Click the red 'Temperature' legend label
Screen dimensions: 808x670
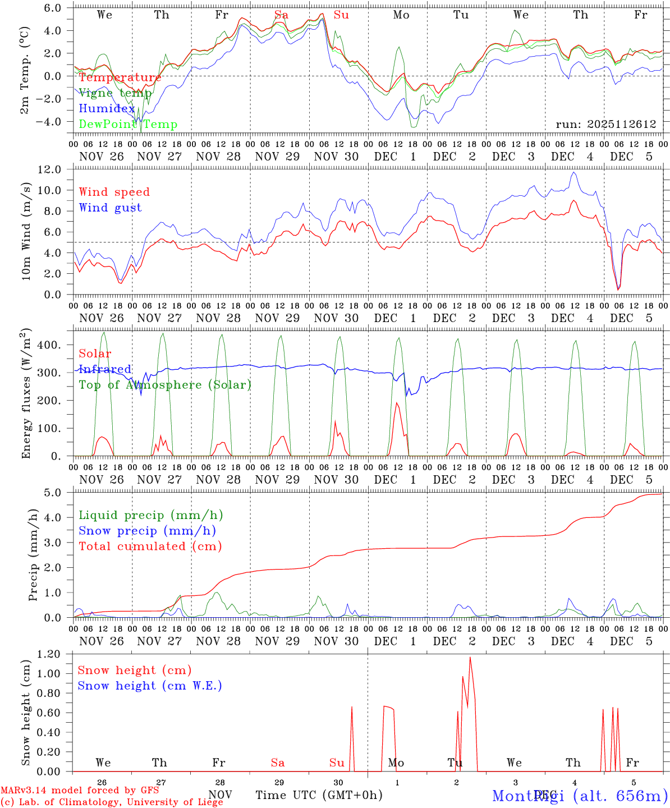(120, 77)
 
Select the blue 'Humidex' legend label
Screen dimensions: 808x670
(107, 109)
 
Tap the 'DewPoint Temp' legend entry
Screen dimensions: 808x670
(128, 125)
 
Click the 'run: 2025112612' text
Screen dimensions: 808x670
(606, 125)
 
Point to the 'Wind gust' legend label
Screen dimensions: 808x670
(110, 208)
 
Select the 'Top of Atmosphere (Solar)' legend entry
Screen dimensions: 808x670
(165, 385)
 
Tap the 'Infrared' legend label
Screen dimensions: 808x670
(105, 369)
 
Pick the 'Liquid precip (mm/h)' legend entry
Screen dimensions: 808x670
(151, 515)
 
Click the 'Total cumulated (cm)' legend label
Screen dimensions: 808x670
(150, 546)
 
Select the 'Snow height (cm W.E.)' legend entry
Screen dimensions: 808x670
(150, 686)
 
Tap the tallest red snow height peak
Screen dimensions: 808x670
(470, 658)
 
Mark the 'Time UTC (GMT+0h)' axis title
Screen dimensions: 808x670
(319, 795)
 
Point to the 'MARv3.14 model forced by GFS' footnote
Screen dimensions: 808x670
(80, 791)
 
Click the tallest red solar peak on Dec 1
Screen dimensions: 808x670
(397, 403)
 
